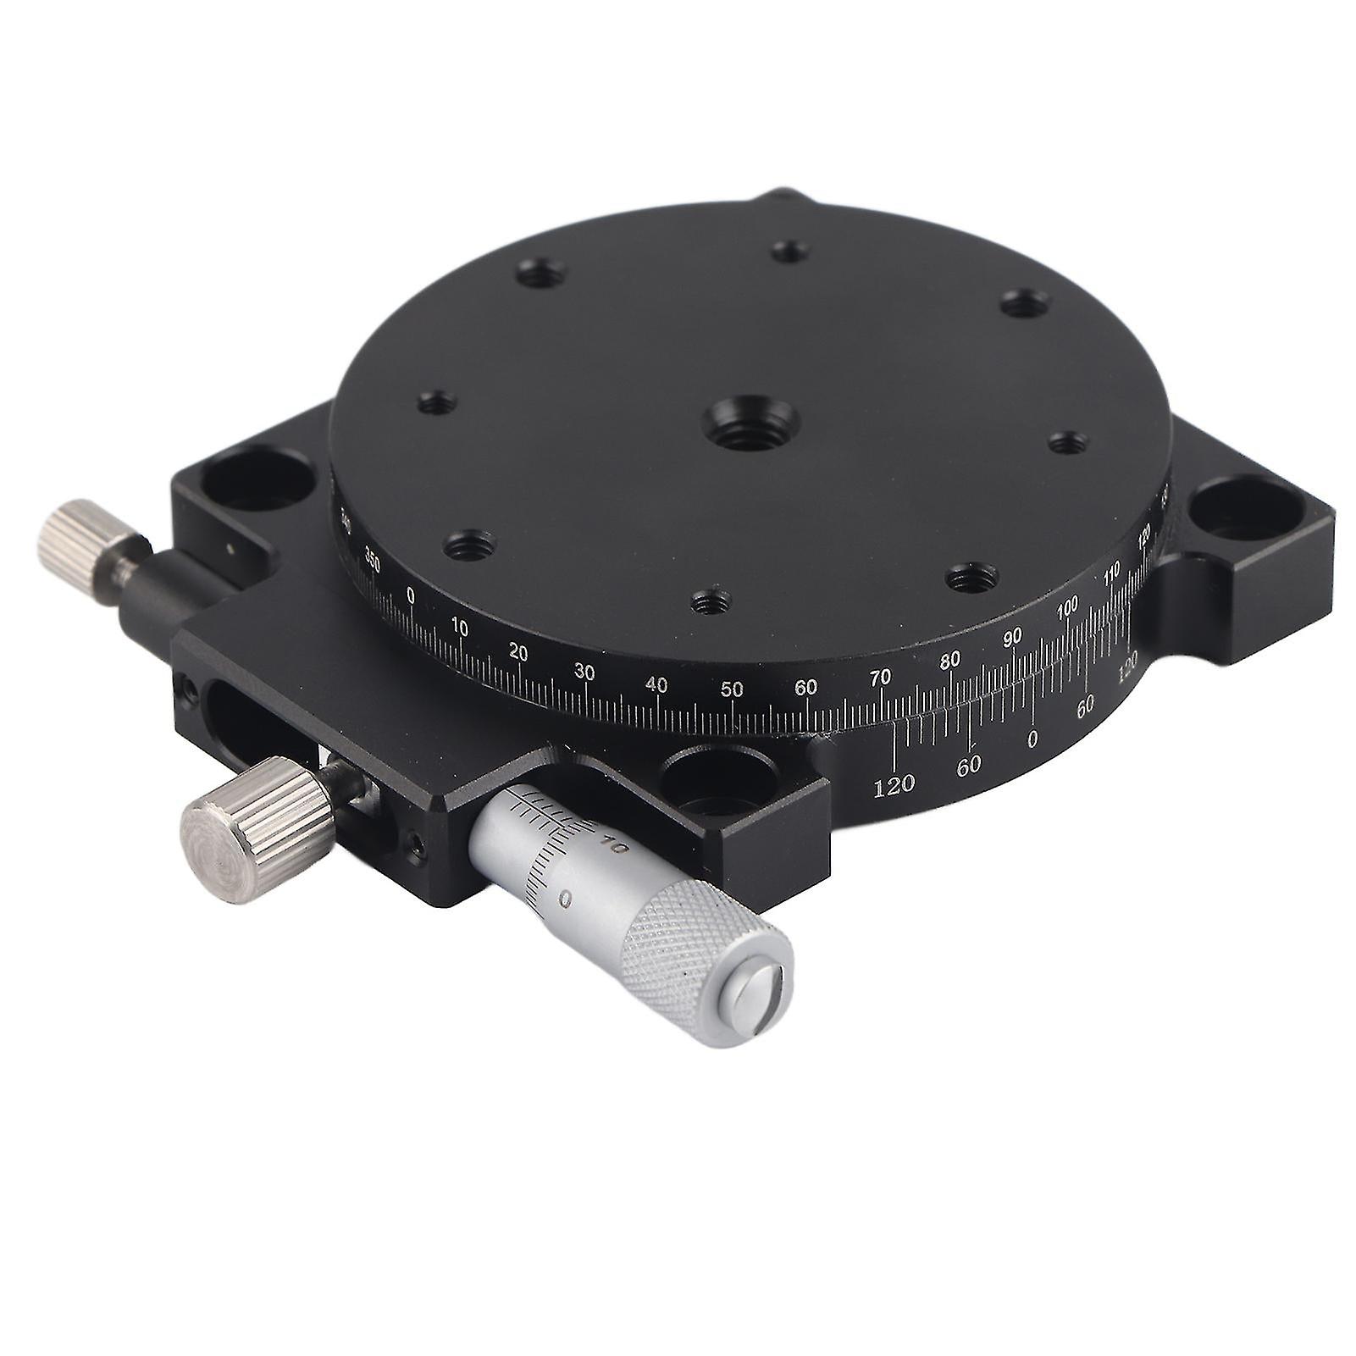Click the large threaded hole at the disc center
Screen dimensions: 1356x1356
coord(750,422)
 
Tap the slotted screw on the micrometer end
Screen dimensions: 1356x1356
coord(759,1000)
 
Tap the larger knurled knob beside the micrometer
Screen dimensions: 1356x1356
coord(254,827)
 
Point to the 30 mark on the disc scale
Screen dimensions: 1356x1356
coord(584,672)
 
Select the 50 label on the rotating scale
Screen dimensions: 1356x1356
coord(732,689)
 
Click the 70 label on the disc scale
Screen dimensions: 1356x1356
coord(880,677)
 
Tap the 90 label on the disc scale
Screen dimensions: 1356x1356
coord(1012,638)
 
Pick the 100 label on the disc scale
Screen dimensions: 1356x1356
coord(1067,606)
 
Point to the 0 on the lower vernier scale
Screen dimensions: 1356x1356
coord(1032,739)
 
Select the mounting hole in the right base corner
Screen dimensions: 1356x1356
coord(1245,510)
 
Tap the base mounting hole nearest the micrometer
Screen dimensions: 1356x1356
coord(720,775)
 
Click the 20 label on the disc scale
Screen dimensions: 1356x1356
coord(518,653)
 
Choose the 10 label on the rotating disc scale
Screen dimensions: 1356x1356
coord(459,628)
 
